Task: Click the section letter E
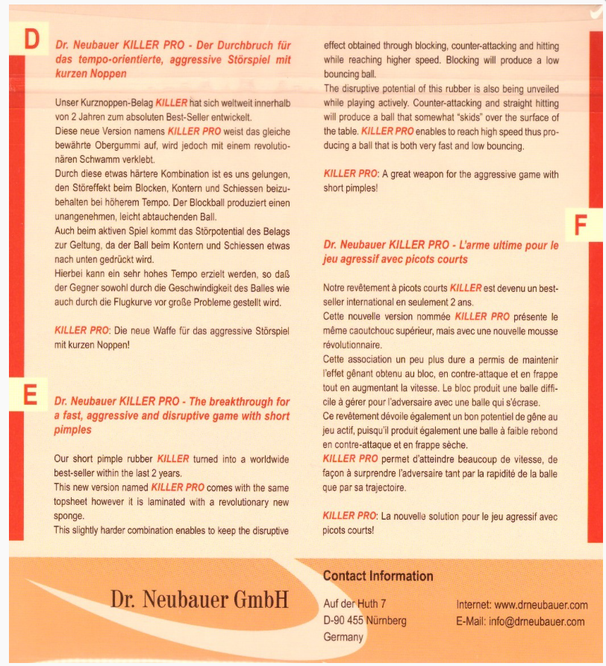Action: [31, 394]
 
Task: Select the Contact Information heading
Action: [378, 576]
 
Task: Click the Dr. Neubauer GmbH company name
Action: [199, 599]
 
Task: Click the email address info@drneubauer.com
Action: [544, 621]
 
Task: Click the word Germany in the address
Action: [343, 637]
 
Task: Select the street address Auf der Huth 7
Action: [355, 605]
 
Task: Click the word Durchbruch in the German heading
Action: [237, 46]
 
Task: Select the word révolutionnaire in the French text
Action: [352, 346]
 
